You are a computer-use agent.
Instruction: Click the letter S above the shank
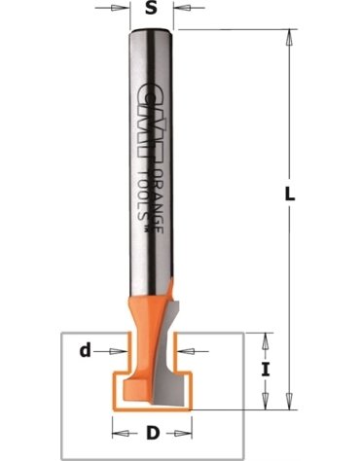151,8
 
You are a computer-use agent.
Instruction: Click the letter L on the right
290,194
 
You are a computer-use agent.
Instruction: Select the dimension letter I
266,370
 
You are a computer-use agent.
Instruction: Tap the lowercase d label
85,350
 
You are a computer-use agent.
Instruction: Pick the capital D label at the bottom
153,433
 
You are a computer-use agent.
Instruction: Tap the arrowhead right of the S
183,8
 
